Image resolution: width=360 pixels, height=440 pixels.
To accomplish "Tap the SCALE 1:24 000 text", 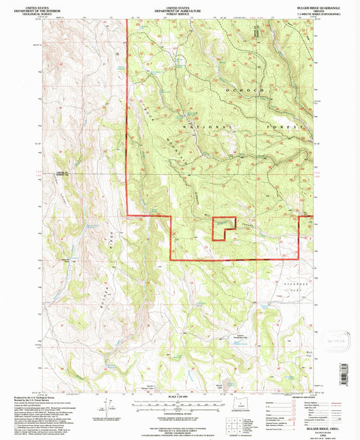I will [x=180, y=395].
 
